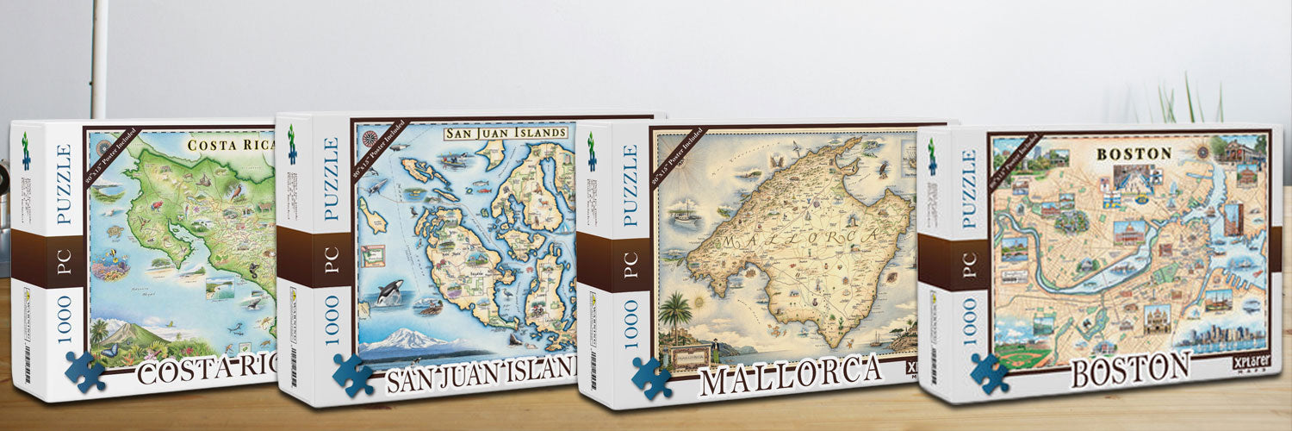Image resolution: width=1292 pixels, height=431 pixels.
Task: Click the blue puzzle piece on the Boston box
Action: coord(989,372)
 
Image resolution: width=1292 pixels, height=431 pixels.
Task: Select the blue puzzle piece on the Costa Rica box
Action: coord(84,371)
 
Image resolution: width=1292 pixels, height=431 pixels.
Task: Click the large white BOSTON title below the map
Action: coord(1128,370)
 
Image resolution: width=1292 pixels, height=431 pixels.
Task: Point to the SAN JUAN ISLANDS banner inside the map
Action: coord(506,134)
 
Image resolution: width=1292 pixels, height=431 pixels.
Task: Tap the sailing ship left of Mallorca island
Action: coord(685,210)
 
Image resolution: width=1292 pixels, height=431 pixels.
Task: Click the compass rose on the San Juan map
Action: coord(370,138)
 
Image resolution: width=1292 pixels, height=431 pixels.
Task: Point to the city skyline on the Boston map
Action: coord(1227,336)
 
